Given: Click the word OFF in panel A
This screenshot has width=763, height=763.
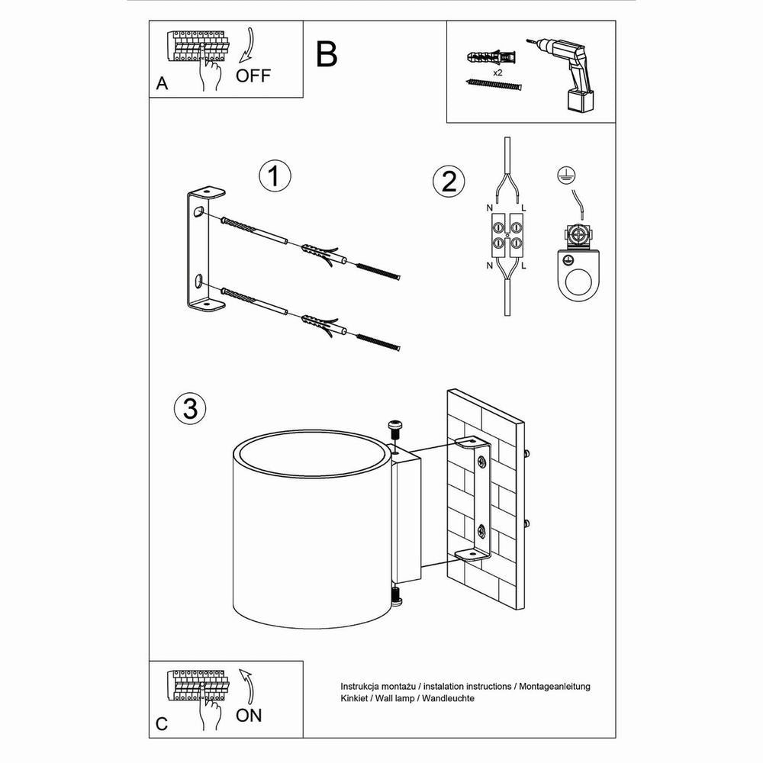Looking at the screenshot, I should click(x=253, y=76).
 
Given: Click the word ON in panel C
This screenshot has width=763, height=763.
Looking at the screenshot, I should click(x=249, y=715).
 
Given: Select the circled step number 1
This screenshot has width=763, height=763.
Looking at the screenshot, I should click(x=275, y=176).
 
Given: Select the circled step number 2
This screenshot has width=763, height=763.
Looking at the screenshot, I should click(x=448, y=181).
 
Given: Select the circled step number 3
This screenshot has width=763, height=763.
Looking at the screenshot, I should click(x=190, y=408).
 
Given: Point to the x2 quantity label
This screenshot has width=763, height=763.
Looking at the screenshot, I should click(x=497, y=72).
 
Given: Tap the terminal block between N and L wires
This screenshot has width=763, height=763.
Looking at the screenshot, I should click(x=506, y=234).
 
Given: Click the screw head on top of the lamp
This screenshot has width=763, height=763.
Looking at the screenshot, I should click(x=395, y=425).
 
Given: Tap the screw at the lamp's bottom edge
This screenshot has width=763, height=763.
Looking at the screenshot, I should click(x=396, y=596).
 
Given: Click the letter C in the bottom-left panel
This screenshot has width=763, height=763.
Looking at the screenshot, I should click(x=162, y=725).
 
